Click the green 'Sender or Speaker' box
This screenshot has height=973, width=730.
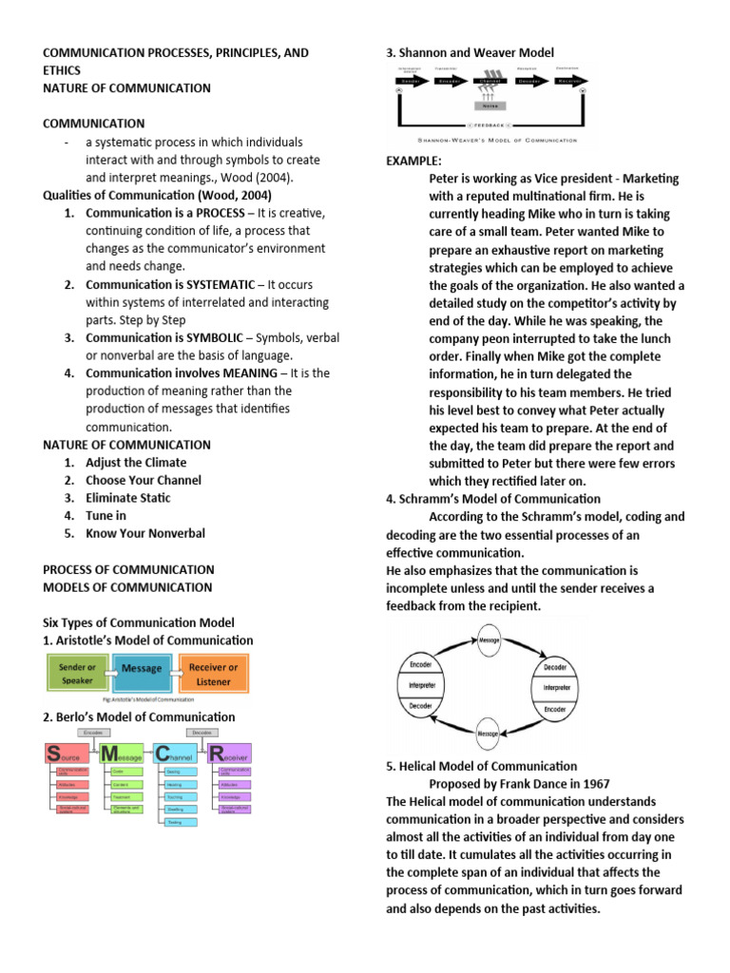(x=77, y=674)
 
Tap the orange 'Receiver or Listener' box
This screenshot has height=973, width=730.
(x=213, y=674)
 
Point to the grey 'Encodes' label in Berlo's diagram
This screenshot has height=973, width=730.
(x=93, y=734)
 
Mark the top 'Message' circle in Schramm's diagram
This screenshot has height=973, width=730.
(x=489, y=639)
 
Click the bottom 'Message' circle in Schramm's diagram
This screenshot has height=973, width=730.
(x=489, y=735)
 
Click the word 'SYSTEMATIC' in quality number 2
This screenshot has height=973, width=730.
(x=221, y=284)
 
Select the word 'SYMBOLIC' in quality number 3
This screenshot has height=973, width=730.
(x=214, y=337)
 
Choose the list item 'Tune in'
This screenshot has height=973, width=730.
(x=106, y=516)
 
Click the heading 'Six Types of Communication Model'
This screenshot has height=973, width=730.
(x=139, y=622)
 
